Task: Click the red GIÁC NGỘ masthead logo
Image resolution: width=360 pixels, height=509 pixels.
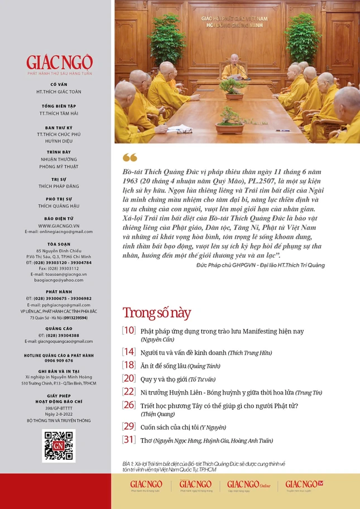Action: click(x=59, y=62)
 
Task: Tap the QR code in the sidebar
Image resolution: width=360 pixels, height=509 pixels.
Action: click(x=59, y=445)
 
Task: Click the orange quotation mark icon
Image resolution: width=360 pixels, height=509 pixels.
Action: click(x=129, y=158)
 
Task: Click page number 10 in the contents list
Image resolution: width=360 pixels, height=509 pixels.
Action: click(x=128, y=331)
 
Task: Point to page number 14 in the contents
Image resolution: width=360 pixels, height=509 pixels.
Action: click(x=129, y=352)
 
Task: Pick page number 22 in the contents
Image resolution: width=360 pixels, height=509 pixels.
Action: click(x=129, y=392)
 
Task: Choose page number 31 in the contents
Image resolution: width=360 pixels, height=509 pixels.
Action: click(x=129, y=439)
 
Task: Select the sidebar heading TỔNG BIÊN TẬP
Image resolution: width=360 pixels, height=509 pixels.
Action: click(x=59, y=105)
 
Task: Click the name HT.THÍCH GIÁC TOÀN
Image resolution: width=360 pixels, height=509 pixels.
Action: click(x=59, y=91)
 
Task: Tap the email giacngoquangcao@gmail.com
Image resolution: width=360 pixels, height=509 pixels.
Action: click(x=59, y=341)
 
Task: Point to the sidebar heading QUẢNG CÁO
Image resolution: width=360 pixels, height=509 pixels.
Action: click(x=59, y=329)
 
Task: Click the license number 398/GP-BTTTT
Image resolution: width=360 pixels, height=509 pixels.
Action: click(x=59, y=408)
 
